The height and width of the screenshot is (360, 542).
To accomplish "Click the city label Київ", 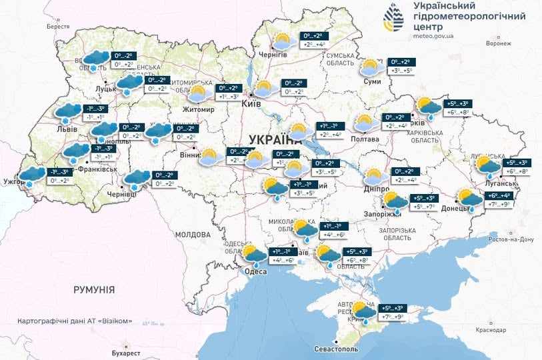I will [251, 104].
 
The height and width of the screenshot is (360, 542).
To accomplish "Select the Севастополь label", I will [337, 349].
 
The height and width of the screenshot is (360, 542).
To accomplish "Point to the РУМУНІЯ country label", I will [93, 290].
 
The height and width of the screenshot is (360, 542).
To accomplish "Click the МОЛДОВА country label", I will [193, 235].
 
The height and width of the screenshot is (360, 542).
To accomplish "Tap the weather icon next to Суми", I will [371, 68].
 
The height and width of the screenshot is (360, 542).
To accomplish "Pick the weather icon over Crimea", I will [365, 312].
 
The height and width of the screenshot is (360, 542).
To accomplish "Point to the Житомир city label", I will [200, 109].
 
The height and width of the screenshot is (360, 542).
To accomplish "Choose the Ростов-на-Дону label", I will [511, 239].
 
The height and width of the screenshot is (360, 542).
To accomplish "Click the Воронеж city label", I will [499, 43].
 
